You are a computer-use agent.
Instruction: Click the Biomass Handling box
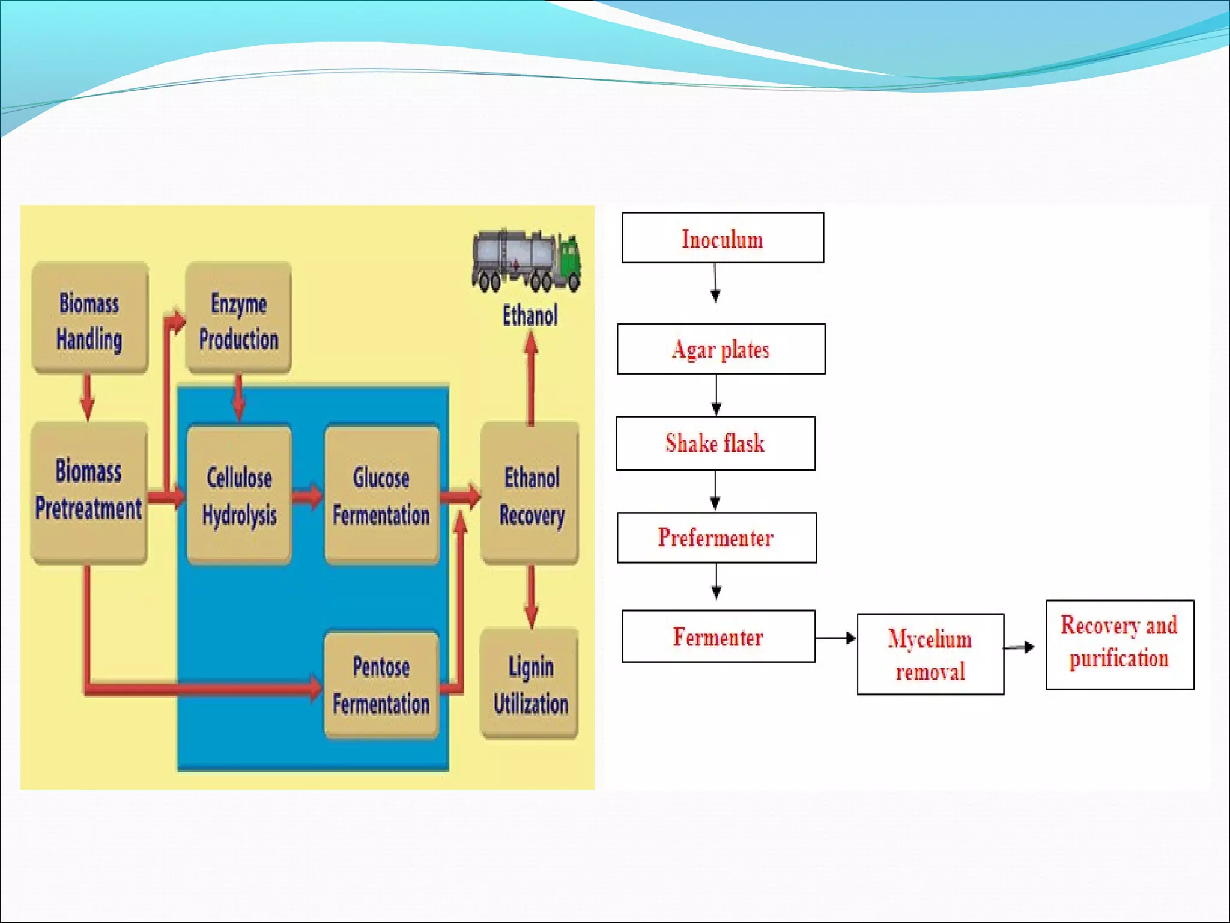point(89,318)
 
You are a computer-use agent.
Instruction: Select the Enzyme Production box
point(238,318)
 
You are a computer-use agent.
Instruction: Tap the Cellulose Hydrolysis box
point(239,495)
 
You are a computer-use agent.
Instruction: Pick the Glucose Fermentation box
point(381,495)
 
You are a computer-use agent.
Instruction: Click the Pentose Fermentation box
point(381,685)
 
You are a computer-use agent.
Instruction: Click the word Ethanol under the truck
point(530,315)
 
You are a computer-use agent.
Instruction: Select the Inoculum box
point(723,238)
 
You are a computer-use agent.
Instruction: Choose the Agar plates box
point(721,349)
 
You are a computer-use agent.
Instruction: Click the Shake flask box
point(715,443)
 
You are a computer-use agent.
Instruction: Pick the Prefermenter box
point(716,537)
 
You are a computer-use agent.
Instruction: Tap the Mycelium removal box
point(930,654)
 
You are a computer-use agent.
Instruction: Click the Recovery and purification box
point(1119,644)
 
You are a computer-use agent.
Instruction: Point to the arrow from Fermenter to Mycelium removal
point(835,638)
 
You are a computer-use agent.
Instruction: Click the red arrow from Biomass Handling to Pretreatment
point(88,397)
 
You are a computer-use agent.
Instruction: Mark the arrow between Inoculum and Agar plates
point(715,283)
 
